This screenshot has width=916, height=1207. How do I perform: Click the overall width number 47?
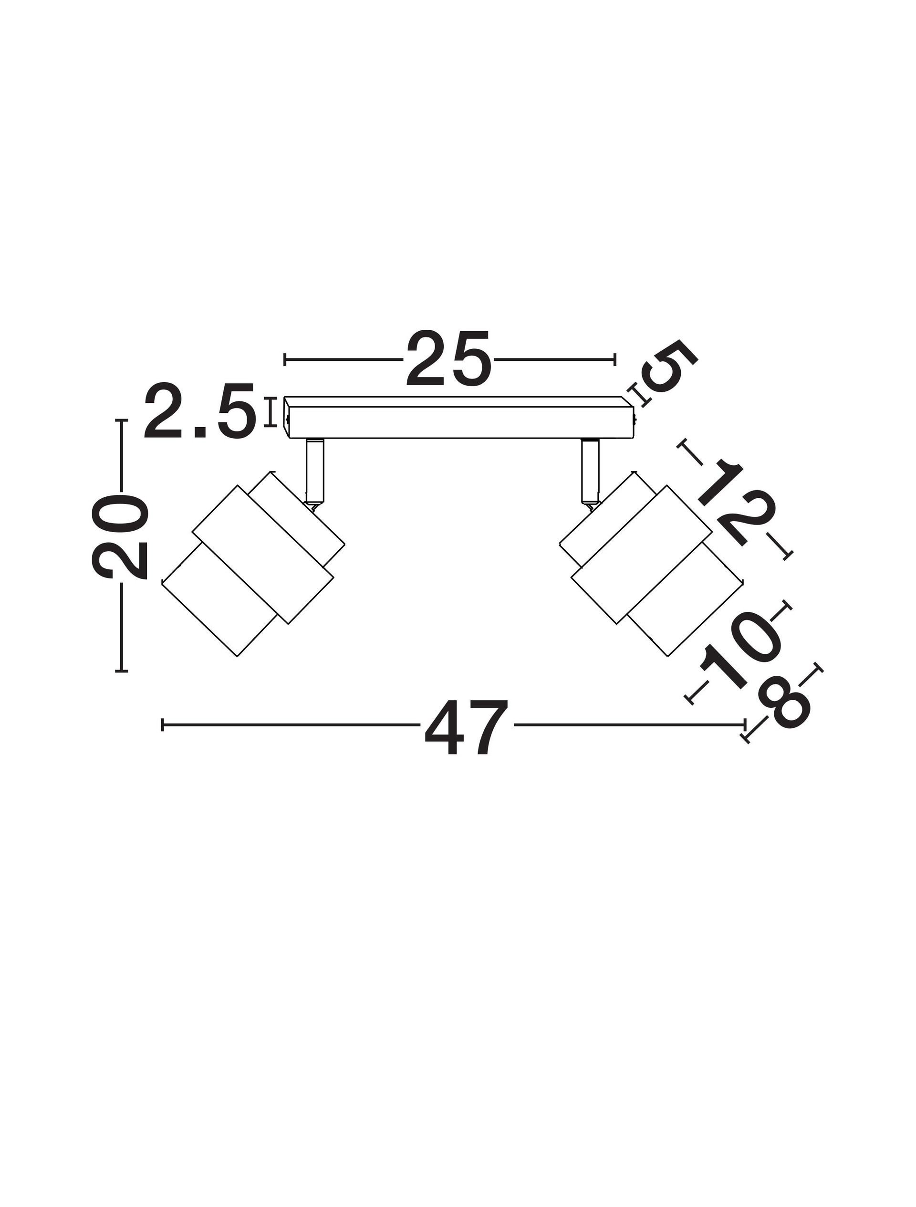pos(467,727)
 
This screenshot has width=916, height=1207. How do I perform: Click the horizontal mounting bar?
pos(459,418)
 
